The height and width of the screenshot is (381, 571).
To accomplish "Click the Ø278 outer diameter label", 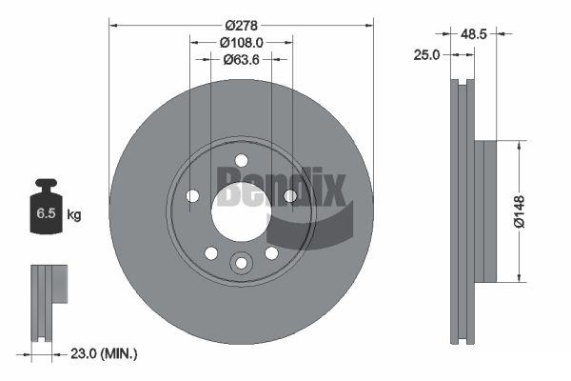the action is click(241, 26).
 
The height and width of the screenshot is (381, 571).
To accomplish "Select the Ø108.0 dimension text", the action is click(241, 43).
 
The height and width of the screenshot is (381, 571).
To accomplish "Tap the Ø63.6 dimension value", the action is click(241, 59).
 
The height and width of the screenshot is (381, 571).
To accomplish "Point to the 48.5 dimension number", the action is click(473, 34).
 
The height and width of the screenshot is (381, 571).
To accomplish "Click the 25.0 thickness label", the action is click(426, 55).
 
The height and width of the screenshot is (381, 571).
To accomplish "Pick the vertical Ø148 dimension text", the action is click(520, 211).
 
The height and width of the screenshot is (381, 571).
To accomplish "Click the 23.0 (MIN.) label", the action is click(104, 353).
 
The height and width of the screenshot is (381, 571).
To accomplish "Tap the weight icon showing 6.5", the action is click(46, 206).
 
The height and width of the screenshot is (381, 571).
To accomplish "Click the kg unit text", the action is click(74, 214).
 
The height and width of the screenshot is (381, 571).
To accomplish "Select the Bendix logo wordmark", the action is click(281, 187).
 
